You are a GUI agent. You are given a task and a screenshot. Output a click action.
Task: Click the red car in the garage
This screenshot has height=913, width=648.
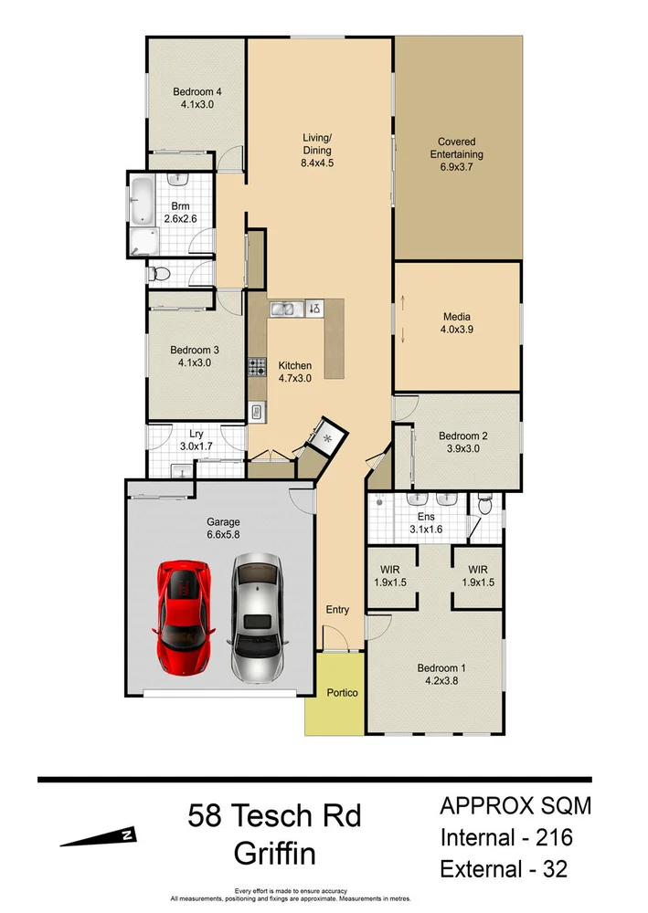click(x=186, y=616)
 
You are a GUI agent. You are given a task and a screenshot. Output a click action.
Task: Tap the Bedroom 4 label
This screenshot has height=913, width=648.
click(x=197, y=91)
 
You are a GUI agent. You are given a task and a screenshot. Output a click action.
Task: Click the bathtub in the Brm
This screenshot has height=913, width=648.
click(x=143, y=201)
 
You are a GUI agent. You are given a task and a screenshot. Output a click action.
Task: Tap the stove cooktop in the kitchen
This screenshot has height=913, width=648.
click(x=257, y=369)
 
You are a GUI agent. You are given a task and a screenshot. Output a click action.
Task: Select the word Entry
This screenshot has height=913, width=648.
click(x=337, y=609)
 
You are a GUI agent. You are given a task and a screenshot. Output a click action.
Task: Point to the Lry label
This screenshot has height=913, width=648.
click(x=196, y=435)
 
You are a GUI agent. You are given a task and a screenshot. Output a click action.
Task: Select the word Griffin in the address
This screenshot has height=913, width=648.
click(x=275, y=854)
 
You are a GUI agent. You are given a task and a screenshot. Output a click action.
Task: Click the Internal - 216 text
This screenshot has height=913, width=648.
click(x=505, y=836)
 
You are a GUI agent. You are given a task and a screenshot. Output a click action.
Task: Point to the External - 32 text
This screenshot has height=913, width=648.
click(x=504, y=868)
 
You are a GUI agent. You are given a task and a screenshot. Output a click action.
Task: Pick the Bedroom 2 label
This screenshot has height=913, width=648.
click(x=462, y=436)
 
